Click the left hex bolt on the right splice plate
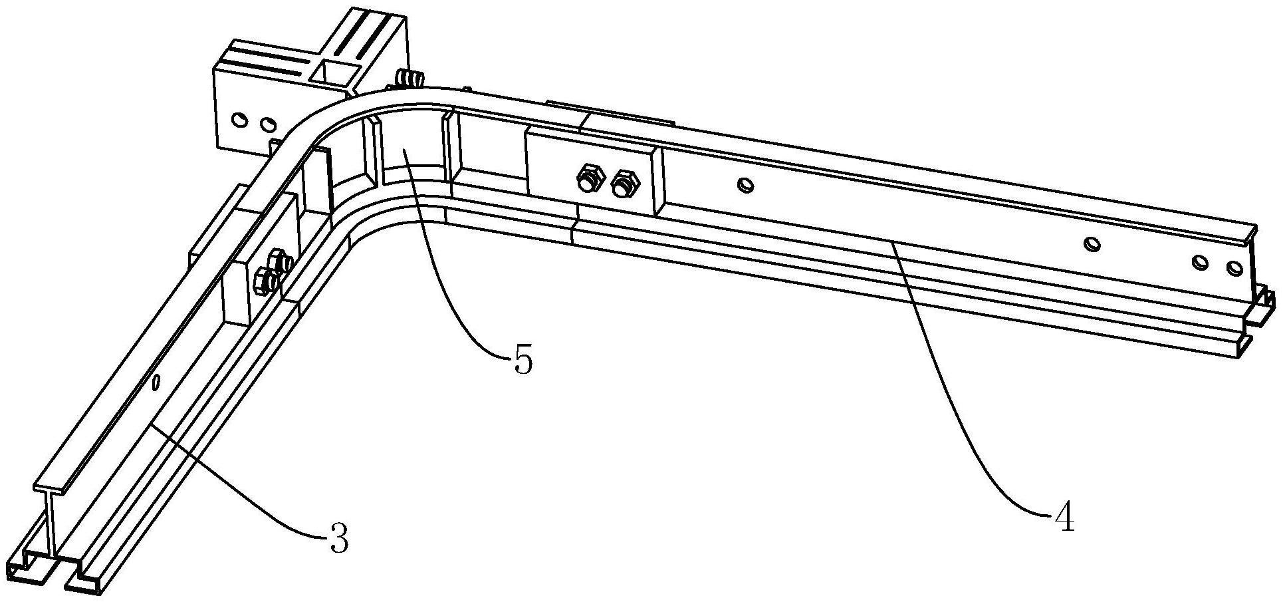click(588, 178)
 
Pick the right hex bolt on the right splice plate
click(624, 183)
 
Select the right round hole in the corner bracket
click(267, 124)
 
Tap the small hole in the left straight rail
click(156, 382)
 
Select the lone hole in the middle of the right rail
click(1090, 244)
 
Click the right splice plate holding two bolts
click(592, 172)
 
